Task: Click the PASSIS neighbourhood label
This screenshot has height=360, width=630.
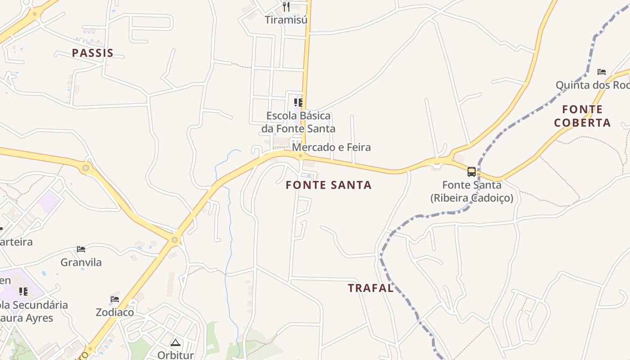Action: pyautogui.click(x=93, y=53)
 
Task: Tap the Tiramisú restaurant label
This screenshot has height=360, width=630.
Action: pyautogui.click(x=286, y=20)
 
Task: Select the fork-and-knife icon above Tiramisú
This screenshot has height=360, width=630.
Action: pyautogui.click(x=286, y=6)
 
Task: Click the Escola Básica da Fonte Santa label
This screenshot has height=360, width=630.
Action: pyautogui.click(x=298, y=122)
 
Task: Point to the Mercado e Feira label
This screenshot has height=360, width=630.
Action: pyautogui.click(x=331, y=147)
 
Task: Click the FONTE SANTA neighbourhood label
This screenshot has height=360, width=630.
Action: pyautogui.click(x=328, y=185)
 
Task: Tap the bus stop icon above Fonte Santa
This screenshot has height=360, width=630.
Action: pyautogui.click(x=471, y=171)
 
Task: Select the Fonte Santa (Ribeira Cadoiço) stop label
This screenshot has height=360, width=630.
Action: pyautogui.click(x=472, y=191)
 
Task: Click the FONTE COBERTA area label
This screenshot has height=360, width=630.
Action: pyautogui.click(x=582, y=116)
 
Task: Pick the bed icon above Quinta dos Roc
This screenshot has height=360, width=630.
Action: pyautogui.click(x=602, y=72)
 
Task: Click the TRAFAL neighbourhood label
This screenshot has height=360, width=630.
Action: pyautogui.click(x=371, y=288)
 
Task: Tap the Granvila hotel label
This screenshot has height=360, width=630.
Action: pyautogui.click(x=81, y=262)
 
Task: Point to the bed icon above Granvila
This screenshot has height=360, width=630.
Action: pyautogui.click(x=81, y=249)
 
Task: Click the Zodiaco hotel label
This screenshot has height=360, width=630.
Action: pyautogui.click(x=115, y=312)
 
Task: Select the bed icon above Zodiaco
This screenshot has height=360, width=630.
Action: pyautogui.click(x=115, y=299)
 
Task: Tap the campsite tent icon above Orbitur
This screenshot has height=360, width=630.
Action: pyautogui.click(x=175, y=342)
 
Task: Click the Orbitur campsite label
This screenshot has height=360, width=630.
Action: pyautogui.click(x=175, y=355)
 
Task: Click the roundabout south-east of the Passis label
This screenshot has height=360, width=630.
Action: pyautogui.click(x=85, y=168)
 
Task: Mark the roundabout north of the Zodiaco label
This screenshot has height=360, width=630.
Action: pyautogui.click(x=175, y=240)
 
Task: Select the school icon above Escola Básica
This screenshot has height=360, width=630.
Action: pyautogui.click(x=298, y=102)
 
